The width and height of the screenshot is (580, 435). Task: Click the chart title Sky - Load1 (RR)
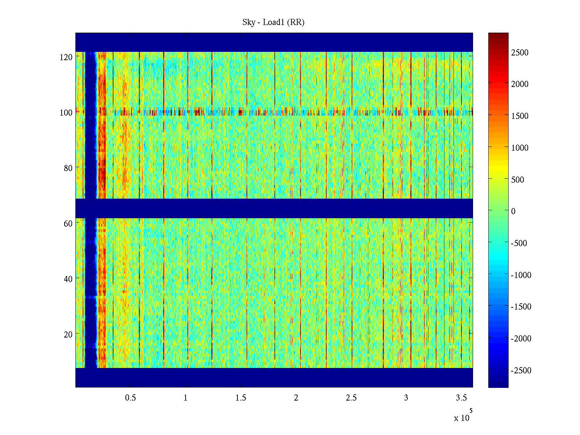click(x=273, y=22)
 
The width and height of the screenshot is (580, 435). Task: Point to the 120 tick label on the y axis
click(x=66, y=57)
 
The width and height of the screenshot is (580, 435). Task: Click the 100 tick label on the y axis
click(x=66, y=113)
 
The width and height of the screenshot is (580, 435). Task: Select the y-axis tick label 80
click(x=68, y=168)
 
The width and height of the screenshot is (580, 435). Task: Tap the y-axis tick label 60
click(x=68, y=224)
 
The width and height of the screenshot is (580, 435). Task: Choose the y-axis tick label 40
click(x=68, y=279)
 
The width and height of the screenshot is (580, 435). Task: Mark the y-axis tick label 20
click(x=68, y=335)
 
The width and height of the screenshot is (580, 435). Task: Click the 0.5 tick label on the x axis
click(x=130, y=398)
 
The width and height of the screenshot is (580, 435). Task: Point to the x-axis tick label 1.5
click(x=241, y=398)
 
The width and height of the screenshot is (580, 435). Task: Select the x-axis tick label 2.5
click(x=351, y=398)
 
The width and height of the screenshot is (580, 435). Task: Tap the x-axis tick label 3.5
click(x=461, y=398)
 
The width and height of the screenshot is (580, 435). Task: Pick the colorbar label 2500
click(x=520, y=53)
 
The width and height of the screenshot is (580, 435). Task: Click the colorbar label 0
click(x=513, y=211)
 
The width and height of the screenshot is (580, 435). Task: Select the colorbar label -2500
click(x=521, y=370)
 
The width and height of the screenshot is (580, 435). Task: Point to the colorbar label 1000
click(x=520, y=148)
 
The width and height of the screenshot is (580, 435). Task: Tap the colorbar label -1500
click(x=521, y=307)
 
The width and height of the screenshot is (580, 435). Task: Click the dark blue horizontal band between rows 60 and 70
click(x=274, y=208)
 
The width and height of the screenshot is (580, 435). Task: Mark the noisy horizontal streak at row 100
click(x=274, y=113)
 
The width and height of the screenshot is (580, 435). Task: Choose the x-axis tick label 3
click(x=406, y=398)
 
